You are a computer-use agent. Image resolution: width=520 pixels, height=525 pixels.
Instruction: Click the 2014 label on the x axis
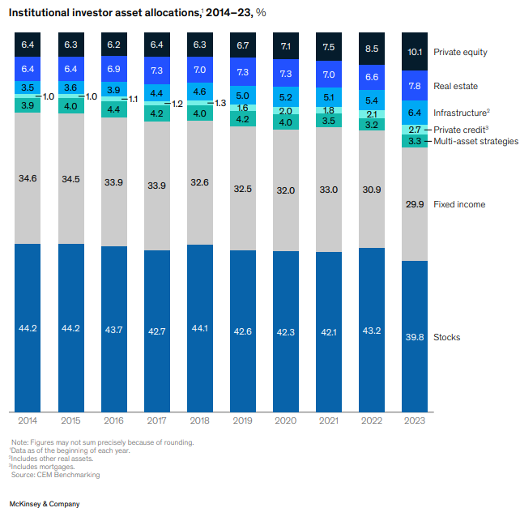[x=28, y=420]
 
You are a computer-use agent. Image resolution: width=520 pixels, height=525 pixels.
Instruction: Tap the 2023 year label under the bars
[x=414, y=420]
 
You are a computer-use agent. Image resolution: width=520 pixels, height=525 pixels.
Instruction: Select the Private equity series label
[x=461, y=53]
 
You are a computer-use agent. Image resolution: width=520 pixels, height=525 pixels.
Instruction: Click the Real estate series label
[x=456, y=86]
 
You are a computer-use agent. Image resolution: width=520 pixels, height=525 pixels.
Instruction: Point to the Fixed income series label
[x=459, y=204]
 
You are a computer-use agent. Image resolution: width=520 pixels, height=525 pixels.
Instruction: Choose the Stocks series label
[x=447, y=337]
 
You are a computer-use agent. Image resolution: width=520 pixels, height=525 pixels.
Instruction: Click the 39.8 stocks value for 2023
[x=414, y=336]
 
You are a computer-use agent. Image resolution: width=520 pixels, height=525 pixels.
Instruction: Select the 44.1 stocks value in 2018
[x=199, y=328]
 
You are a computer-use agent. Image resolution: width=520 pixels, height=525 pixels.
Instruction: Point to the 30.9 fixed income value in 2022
[x=371, y=189]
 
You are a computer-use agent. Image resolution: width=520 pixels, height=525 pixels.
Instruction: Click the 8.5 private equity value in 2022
[x=371, y=49]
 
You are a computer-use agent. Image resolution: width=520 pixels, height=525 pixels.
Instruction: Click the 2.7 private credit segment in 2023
[x=414, y=130]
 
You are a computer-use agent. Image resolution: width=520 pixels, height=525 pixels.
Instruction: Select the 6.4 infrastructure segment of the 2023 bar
[x=414, y=113]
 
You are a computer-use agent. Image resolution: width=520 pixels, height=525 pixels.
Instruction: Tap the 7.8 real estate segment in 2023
[x=414, y=86]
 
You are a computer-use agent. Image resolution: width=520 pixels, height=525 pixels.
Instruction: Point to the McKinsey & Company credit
[x=44, y=504]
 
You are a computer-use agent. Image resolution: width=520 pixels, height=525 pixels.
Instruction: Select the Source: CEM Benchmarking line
[x=55, y=475]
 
